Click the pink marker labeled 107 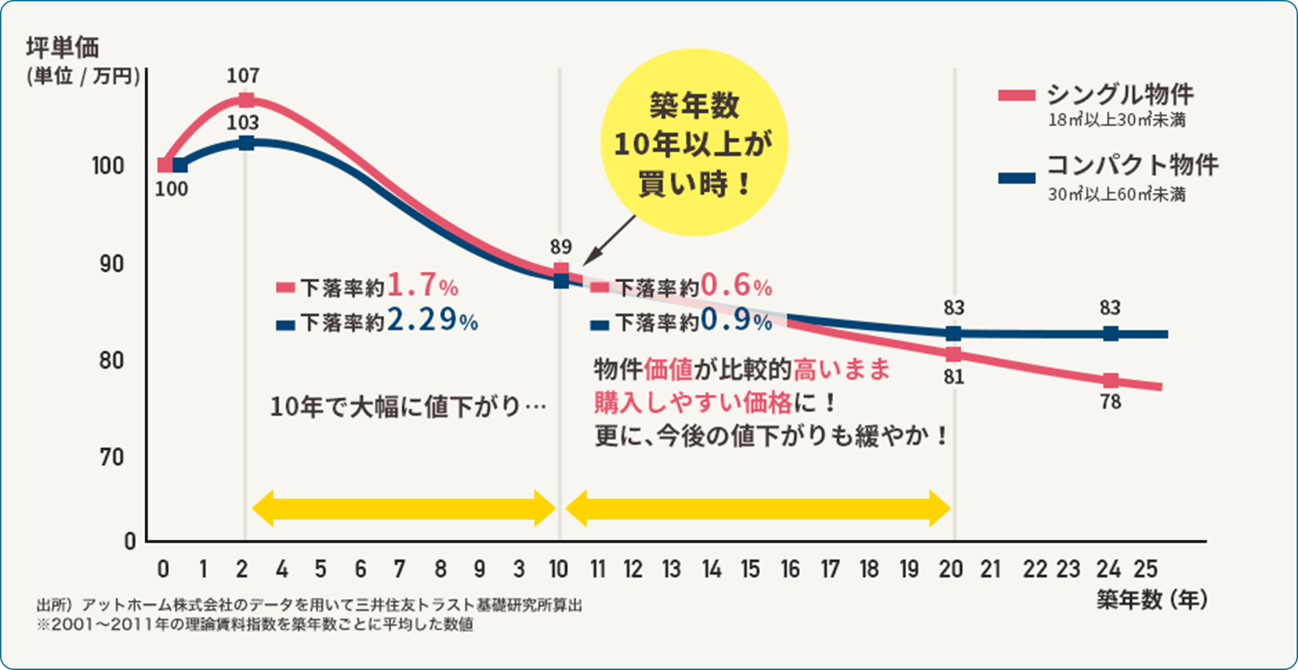pyautogui.click(x=246, y=100)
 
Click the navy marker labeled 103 pyautogui.click(x=246, y=143)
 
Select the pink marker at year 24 pyautogui.click(x=1110, y=380)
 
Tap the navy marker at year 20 pyautogui.click(x=953, y=334)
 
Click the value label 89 pyautogui.click(x=561, y=247)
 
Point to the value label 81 pyautogui.click(x=953, y=377)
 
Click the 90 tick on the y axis pyautogui.click(x=111, y=264)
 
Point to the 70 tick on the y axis pyautogui.click(x=111, y=457)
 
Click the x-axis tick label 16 pyautogui.click(x=790, y=569)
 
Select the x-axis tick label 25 pyautogui.click(x=1145, y=569)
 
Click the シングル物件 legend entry pyautogui.click(x=1118, y=95)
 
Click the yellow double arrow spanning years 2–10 pyautogui.click(x=403, y=509)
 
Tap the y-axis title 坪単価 pyautogui.click(x=63, y=48)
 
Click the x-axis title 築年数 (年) pyautogui.click(x=1152, y=600)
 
